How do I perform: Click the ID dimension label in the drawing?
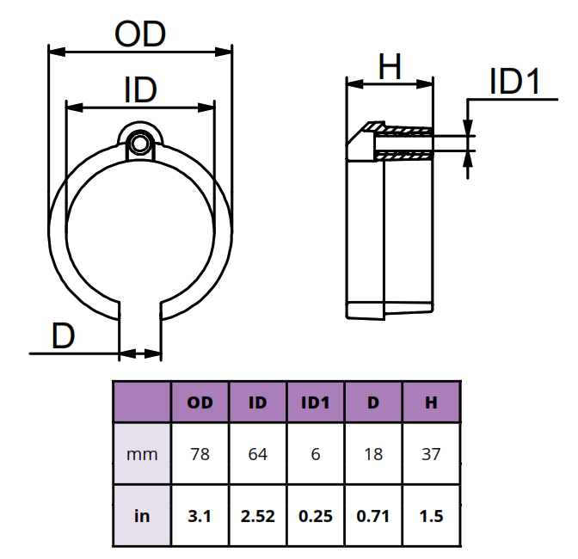click(139, 89)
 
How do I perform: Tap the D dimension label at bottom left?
click(63, 335)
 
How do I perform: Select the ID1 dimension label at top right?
click(513, 83)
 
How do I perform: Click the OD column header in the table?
click(200, 402)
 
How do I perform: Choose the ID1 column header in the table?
click(316, 402)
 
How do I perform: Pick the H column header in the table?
click(431, 402)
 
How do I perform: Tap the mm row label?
click(142, 454)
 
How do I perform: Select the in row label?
click(142, 516)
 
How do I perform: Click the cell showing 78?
click(200, 454)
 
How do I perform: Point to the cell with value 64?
click(258, 454)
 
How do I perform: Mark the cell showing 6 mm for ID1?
click(316, 454)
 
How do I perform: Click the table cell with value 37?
click(431, 454)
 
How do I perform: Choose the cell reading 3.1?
click(200, 516)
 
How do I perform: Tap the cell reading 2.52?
click(258, 516)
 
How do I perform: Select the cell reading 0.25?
click(316, 516)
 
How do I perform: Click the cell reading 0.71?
click(373, 516)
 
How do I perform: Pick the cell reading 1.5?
click(431, 516)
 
